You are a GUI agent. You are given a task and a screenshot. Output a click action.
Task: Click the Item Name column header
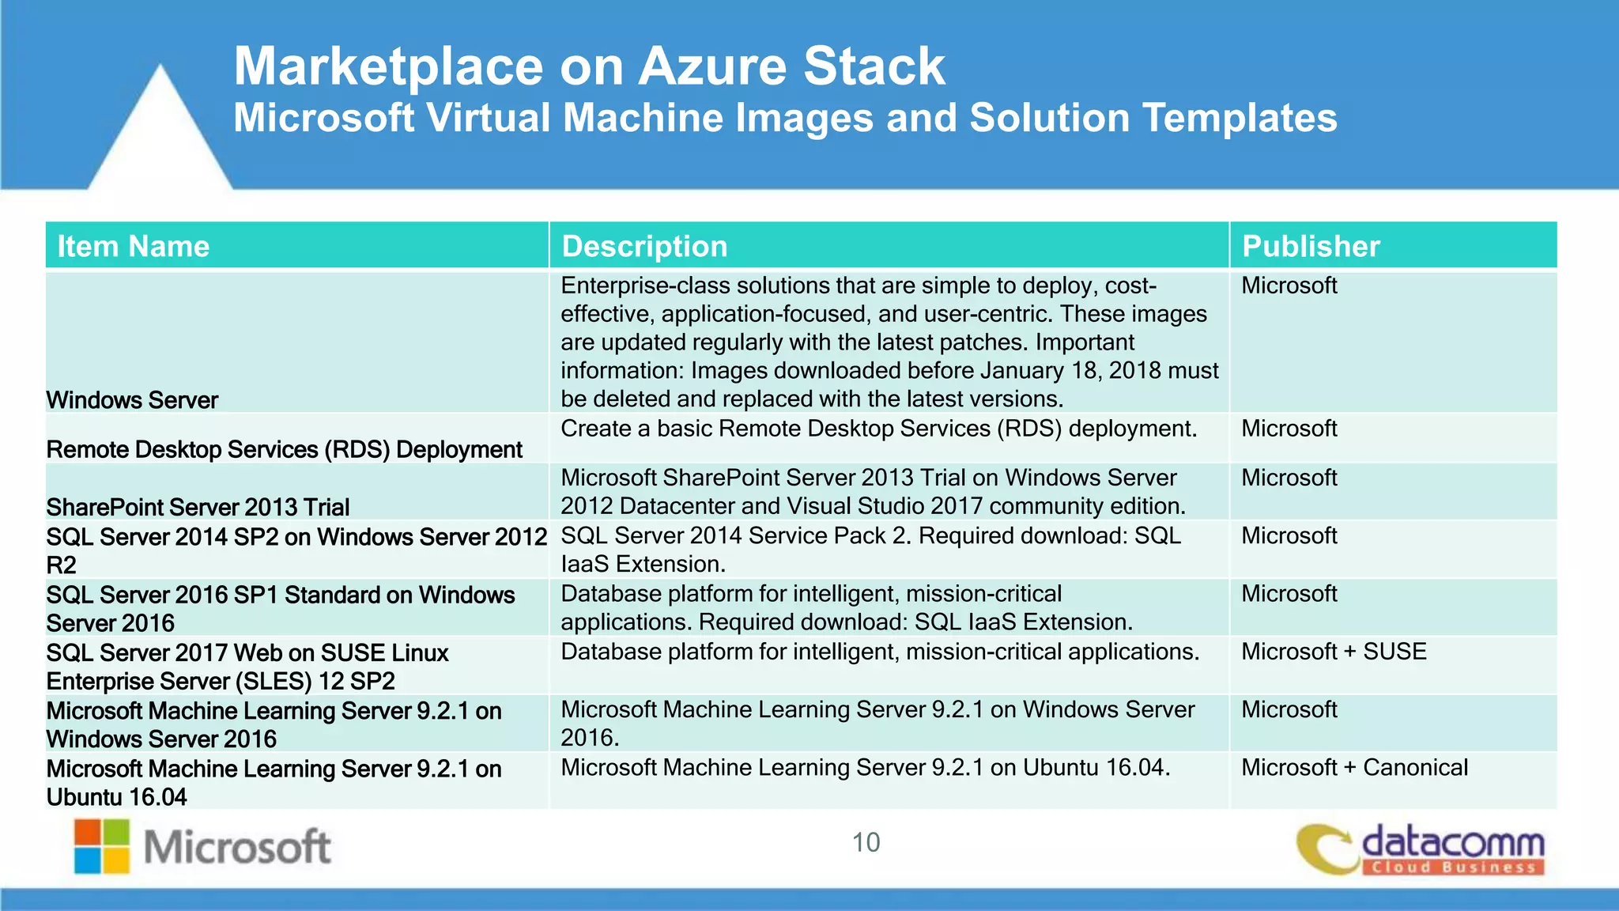[133, 247]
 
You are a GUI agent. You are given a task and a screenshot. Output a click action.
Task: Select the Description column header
[644, 247]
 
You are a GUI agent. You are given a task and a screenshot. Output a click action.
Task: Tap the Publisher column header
[1311, 247]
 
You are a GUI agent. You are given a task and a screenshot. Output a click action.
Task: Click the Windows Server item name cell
[132, 400]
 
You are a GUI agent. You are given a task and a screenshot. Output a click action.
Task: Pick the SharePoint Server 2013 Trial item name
[198, 507]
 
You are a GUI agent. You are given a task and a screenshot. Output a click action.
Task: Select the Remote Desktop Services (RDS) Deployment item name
[284, 449]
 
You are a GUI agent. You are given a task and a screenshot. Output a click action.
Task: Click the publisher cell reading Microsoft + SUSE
[1334, 652]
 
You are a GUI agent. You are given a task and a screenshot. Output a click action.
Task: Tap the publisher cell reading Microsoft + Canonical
[1354, 767]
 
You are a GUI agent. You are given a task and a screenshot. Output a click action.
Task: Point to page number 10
[866, 842]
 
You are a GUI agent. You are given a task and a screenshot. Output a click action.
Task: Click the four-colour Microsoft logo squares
[102, 846]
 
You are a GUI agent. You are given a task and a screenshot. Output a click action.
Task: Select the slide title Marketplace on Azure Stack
[589, 66]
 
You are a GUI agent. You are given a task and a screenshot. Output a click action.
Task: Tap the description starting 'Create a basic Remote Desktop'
[878, 429]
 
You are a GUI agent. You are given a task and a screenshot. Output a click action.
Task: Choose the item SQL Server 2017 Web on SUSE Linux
[247, 667]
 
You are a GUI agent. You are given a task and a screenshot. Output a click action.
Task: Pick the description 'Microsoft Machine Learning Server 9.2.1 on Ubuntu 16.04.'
[865, 767]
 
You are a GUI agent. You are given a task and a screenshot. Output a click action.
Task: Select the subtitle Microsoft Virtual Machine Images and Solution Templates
[785, 118]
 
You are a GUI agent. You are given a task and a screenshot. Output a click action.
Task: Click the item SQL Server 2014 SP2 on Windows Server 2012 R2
[296, 550]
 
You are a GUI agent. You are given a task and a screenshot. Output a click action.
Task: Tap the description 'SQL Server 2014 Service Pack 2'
[870, 550]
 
